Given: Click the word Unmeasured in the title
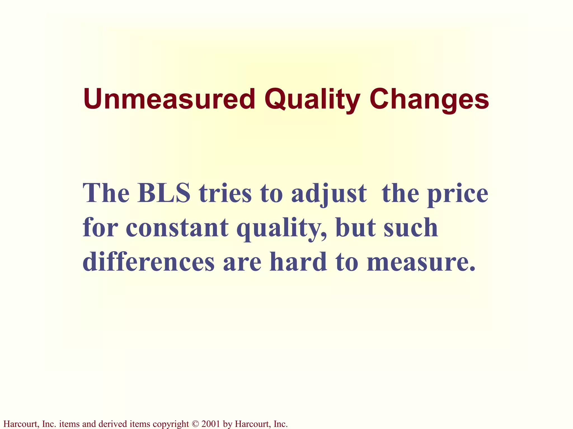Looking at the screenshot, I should click(169, 99).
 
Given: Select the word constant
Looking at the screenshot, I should click(177, 228).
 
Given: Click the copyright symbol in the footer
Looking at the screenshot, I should click(195, 424).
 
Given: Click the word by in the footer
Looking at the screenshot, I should click(228, 424).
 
